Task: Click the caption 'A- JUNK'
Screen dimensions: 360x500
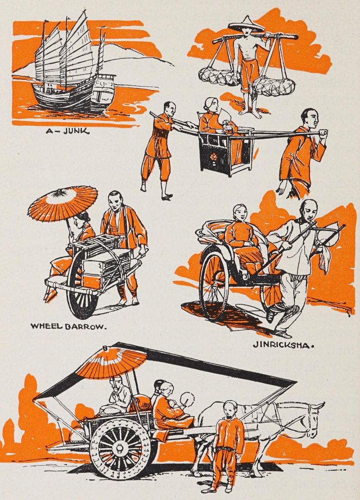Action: (x=67, y=130)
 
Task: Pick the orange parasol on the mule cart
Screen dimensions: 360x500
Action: (x=112, y=362)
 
